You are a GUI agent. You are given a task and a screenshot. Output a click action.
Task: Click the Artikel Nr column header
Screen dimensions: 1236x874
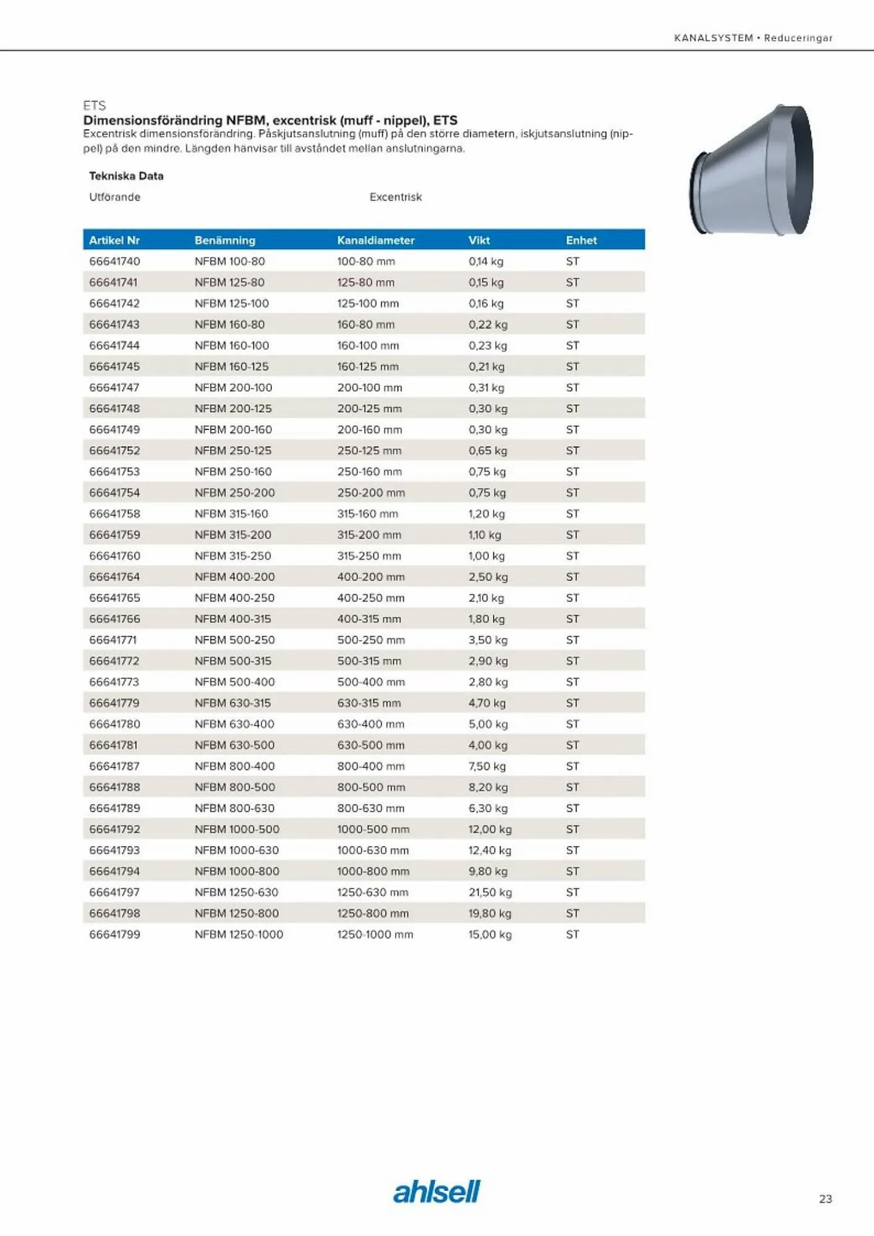(x=114, y=240)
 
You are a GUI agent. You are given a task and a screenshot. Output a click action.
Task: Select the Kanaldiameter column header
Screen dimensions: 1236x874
(x=375, y=240)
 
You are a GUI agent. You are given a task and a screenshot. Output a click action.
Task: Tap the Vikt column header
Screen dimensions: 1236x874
(x=479, y=240)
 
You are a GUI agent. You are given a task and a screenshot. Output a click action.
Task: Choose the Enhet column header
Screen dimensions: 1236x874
(x=581, y=240)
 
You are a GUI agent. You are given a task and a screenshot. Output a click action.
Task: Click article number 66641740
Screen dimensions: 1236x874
(x=114, y=261)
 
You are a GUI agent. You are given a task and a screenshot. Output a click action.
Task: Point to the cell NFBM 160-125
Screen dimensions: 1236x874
(x=231, y=366)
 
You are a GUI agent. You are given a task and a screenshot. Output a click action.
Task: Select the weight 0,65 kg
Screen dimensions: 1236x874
(x=488, y=451)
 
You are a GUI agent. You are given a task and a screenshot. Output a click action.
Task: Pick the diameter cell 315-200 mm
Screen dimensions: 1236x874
(x=369, y=535)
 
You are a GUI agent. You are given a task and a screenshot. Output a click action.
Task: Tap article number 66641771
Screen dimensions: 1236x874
(x=112, y=640)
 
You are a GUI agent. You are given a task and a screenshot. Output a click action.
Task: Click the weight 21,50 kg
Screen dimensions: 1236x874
(x=490, y=892)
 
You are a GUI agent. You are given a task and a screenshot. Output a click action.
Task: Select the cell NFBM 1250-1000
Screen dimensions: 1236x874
(x=239, y=934)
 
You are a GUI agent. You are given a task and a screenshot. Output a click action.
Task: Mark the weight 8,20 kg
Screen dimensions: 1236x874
(x=488, y=787)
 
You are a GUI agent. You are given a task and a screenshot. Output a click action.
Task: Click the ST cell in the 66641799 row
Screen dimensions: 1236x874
(x=572, y=934)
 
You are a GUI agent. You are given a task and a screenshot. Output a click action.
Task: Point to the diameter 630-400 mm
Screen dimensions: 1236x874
(x=370, y=724)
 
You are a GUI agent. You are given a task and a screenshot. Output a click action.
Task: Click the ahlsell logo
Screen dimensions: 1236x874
(x=436, y=1192)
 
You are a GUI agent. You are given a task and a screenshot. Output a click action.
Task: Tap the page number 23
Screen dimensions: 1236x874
(x=825, y=1199)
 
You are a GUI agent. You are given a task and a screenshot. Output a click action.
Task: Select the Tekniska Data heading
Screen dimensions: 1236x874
(x=126, y=176)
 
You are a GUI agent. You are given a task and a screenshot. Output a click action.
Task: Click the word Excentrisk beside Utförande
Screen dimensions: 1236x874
(x=396, y=197)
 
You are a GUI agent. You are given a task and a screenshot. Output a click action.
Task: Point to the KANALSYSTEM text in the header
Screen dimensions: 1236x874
(x=713, y=38)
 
